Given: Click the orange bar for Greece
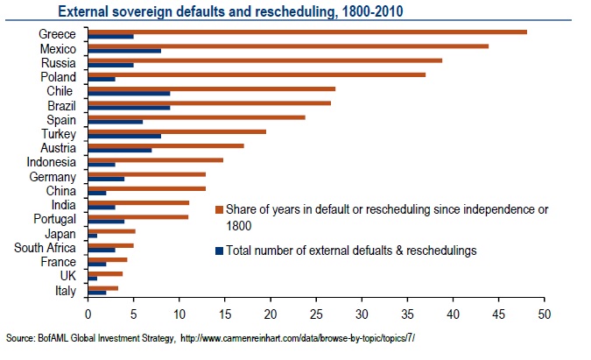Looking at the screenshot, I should (x=306, y=32).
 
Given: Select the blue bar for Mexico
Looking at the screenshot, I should (x=124, y=52).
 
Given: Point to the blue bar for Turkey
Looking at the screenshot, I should (x=124, y=137).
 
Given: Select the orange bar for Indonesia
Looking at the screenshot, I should (x=155, y=160).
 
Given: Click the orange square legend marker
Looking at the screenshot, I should (x=219, y=210).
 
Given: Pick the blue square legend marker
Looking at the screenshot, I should (x=219, y=251).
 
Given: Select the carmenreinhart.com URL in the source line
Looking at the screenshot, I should (x=298, y=338).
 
